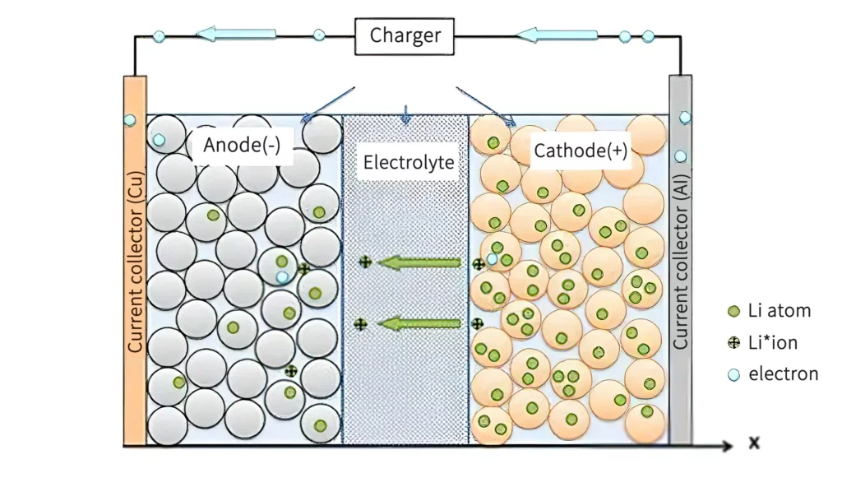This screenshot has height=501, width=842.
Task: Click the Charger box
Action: pyautogui.click(x=405, y=36)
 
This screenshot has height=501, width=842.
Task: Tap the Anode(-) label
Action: pyautogui.click(x=242, y=145)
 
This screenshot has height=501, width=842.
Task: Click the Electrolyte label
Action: pyautogui.click(x=409, y=162)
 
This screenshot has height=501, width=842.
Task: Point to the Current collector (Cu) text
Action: pyautogui.click(x=136, y=262)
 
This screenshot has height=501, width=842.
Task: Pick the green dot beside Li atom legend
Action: pyautogui.click(x=733, y=311)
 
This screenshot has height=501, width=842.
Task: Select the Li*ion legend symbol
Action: pyautogui.click(x=733, y=343)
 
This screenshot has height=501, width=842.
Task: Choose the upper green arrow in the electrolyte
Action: pyautogui.click(x=423, y=263)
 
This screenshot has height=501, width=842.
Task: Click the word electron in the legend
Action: pyautogui.click(x=783, y=374)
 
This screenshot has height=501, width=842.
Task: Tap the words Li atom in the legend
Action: pyautogui.click(x=779, y=311)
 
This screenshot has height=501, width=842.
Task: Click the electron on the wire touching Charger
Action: pyautogui.click(x=319, y=36)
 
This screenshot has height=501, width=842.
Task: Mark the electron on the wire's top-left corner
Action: pyautogui.click(x=160, y=36)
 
